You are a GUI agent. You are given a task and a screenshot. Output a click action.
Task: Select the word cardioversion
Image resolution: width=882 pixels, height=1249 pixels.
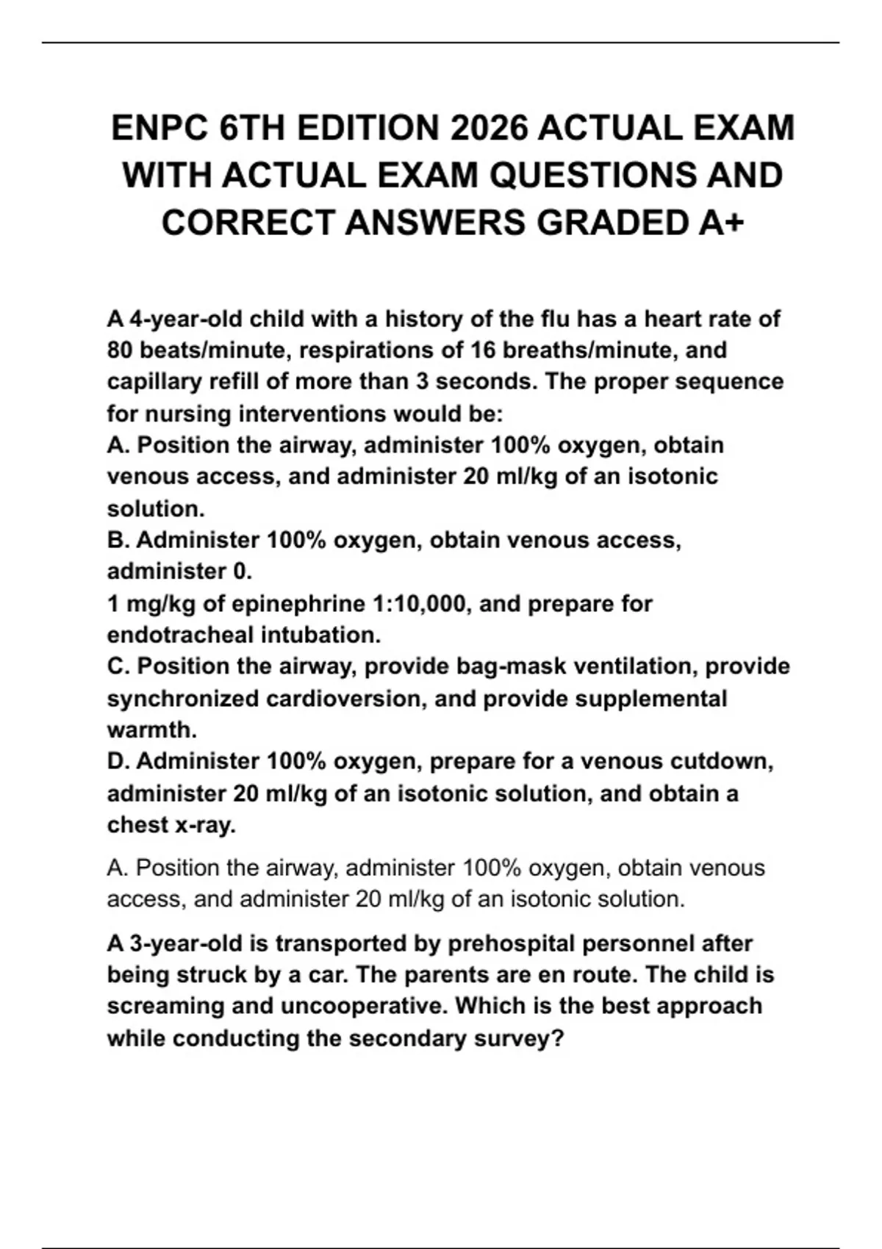pos(344,698)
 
